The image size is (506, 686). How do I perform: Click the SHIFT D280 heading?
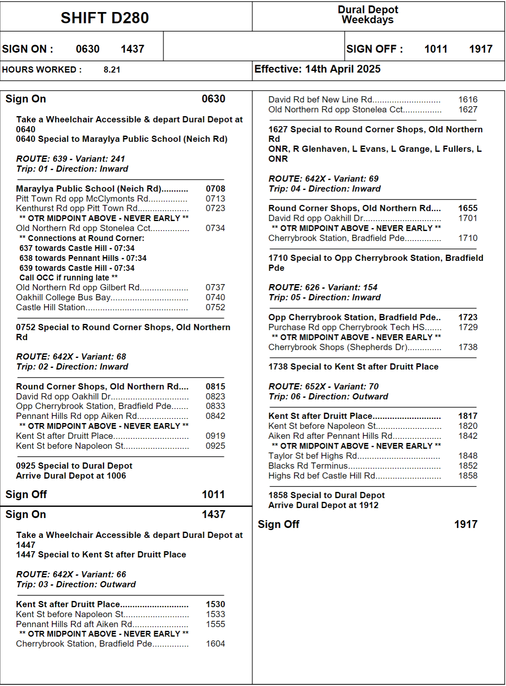(x=104, y=18)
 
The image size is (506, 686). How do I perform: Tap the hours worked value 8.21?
(x=112, y=70)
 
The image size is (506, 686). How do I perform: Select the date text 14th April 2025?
(x=343, y=69)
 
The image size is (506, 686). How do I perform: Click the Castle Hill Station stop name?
(x=51, y=307)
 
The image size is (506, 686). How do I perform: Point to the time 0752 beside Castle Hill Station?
(x=215, y=307)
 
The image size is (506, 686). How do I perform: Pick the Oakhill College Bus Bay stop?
(x=63, y=297)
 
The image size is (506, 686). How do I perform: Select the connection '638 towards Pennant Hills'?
(x=83, y=258)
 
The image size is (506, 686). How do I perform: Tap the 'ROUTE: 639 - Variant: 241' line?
(x=70, y=159)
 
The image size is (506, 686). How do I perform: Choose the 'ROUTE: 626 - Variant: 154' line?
(x=323, y=287)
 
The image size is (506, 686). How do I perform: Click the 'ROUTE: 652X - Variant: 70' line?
(x=323, y=387)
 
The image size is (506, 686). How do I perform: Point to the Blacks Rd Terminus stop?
(x=308, y=466)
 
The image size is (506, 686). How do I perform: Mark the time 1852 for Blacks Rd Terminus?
(x=468, y=466)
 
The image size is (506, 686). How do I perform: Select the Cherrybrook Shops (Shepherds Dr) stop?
(x=338, y=347)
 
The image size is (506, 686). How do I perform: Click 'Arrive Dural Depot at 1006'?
(x=71, y=476)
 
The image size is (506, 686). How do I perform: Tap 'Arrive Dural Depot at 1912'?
(x=323, y=505)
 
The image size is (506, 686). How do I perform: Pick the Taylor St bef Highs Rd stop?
(x=312, y=456)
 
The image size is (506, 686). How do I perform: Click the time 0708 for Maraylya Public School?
(x=215, y=189)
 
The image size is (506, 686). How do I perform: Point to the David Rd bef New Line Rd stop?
(x=320, y=100)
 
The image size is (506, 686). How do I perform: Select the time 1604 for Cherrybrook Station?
(x=215, y=644)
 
